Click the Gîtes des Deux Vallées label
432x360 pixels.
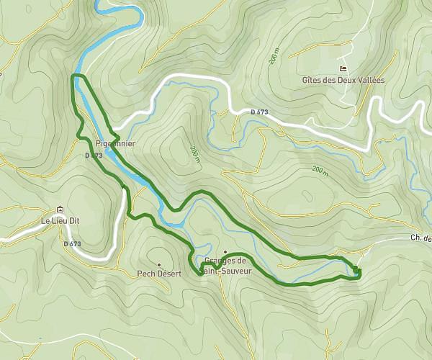[343, 80]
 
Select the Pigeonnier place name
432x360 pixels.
[115, 143]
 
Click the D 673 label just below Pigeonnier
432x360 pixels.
[93, 156]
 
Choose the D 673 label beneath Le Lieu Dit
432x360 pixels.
[72, 244]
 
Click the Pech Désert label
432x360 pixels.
[159, 274]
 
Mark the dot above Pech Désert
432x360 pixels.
[159, 264]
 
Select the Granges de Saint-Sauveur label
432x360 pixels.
[225, 265]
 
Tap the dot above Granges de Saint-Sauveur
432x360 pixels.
[225, 252]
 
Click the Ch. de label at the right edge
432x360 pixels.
[420, 239]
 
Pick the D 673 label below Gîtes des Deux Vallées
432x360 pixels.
[260, 112]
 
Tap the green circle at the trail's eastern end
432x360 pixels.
[356, 270]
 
